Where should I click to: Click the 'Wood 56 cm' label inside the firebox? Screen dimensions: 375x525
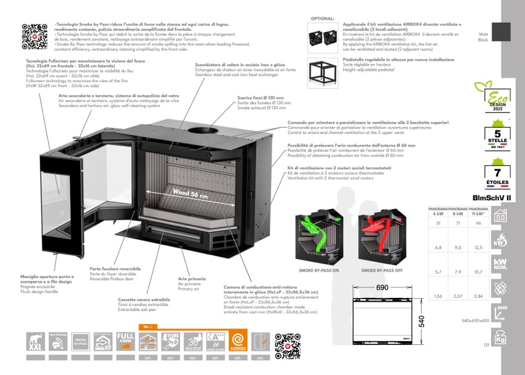click(x=190, y=193)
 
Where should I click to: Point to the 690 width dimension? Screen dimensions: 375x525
click(x=382, y=288)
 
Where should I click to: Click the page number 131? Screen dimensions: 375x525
click(x=487, y=345)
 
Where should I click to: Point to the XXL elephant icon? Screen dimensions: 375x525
click(x=35, y=341)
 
